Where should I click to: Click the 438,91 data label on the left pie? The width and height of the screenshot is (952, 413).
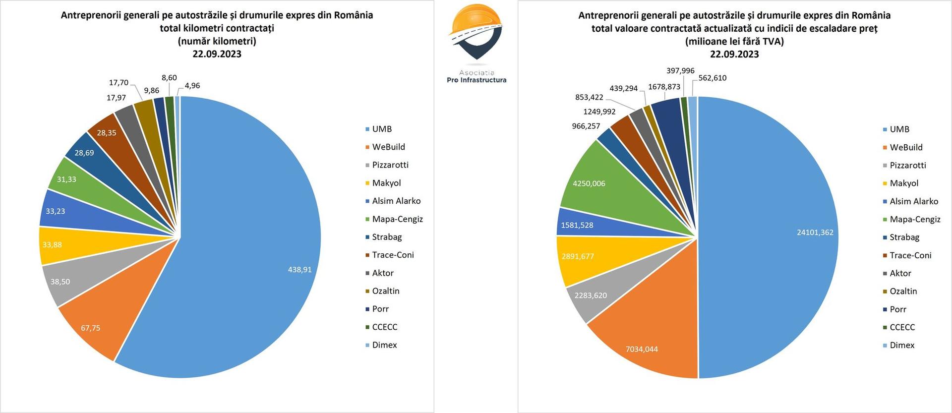point(299,270)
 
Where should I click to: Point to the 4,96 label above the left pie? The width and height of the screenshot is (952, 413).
point(192,86)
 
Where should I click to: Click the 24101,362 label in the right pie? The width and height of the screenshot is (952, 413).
point(815,233)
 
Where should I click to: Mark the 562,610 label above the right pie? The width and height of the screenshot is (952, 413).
point(712,78)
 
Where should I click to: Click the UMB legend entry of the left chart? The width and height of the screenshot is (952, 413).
point(381,129)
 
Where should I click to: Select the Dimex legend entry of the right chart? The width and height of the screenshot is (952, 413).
point(901,345)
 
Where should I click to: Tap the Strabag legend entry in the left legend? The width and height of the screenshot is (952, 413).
point(386,237)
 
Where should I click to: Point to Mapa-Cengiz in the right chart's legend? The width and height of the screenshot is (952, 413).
point(914,219)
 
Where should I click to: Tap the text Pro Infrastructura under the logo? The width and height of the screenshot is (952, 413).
point(476,80)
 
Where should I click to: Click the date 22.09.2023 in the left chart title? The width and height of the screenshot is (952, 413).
point(217,54)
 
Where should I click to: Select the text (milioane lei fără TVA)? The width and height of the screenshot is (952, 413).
point(734,41)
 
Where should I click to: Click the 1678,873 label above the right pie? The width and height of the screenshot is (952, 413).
point(664,87)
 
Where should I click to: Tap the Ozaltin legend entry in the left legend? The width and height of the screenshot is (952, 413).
point(385,291)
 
